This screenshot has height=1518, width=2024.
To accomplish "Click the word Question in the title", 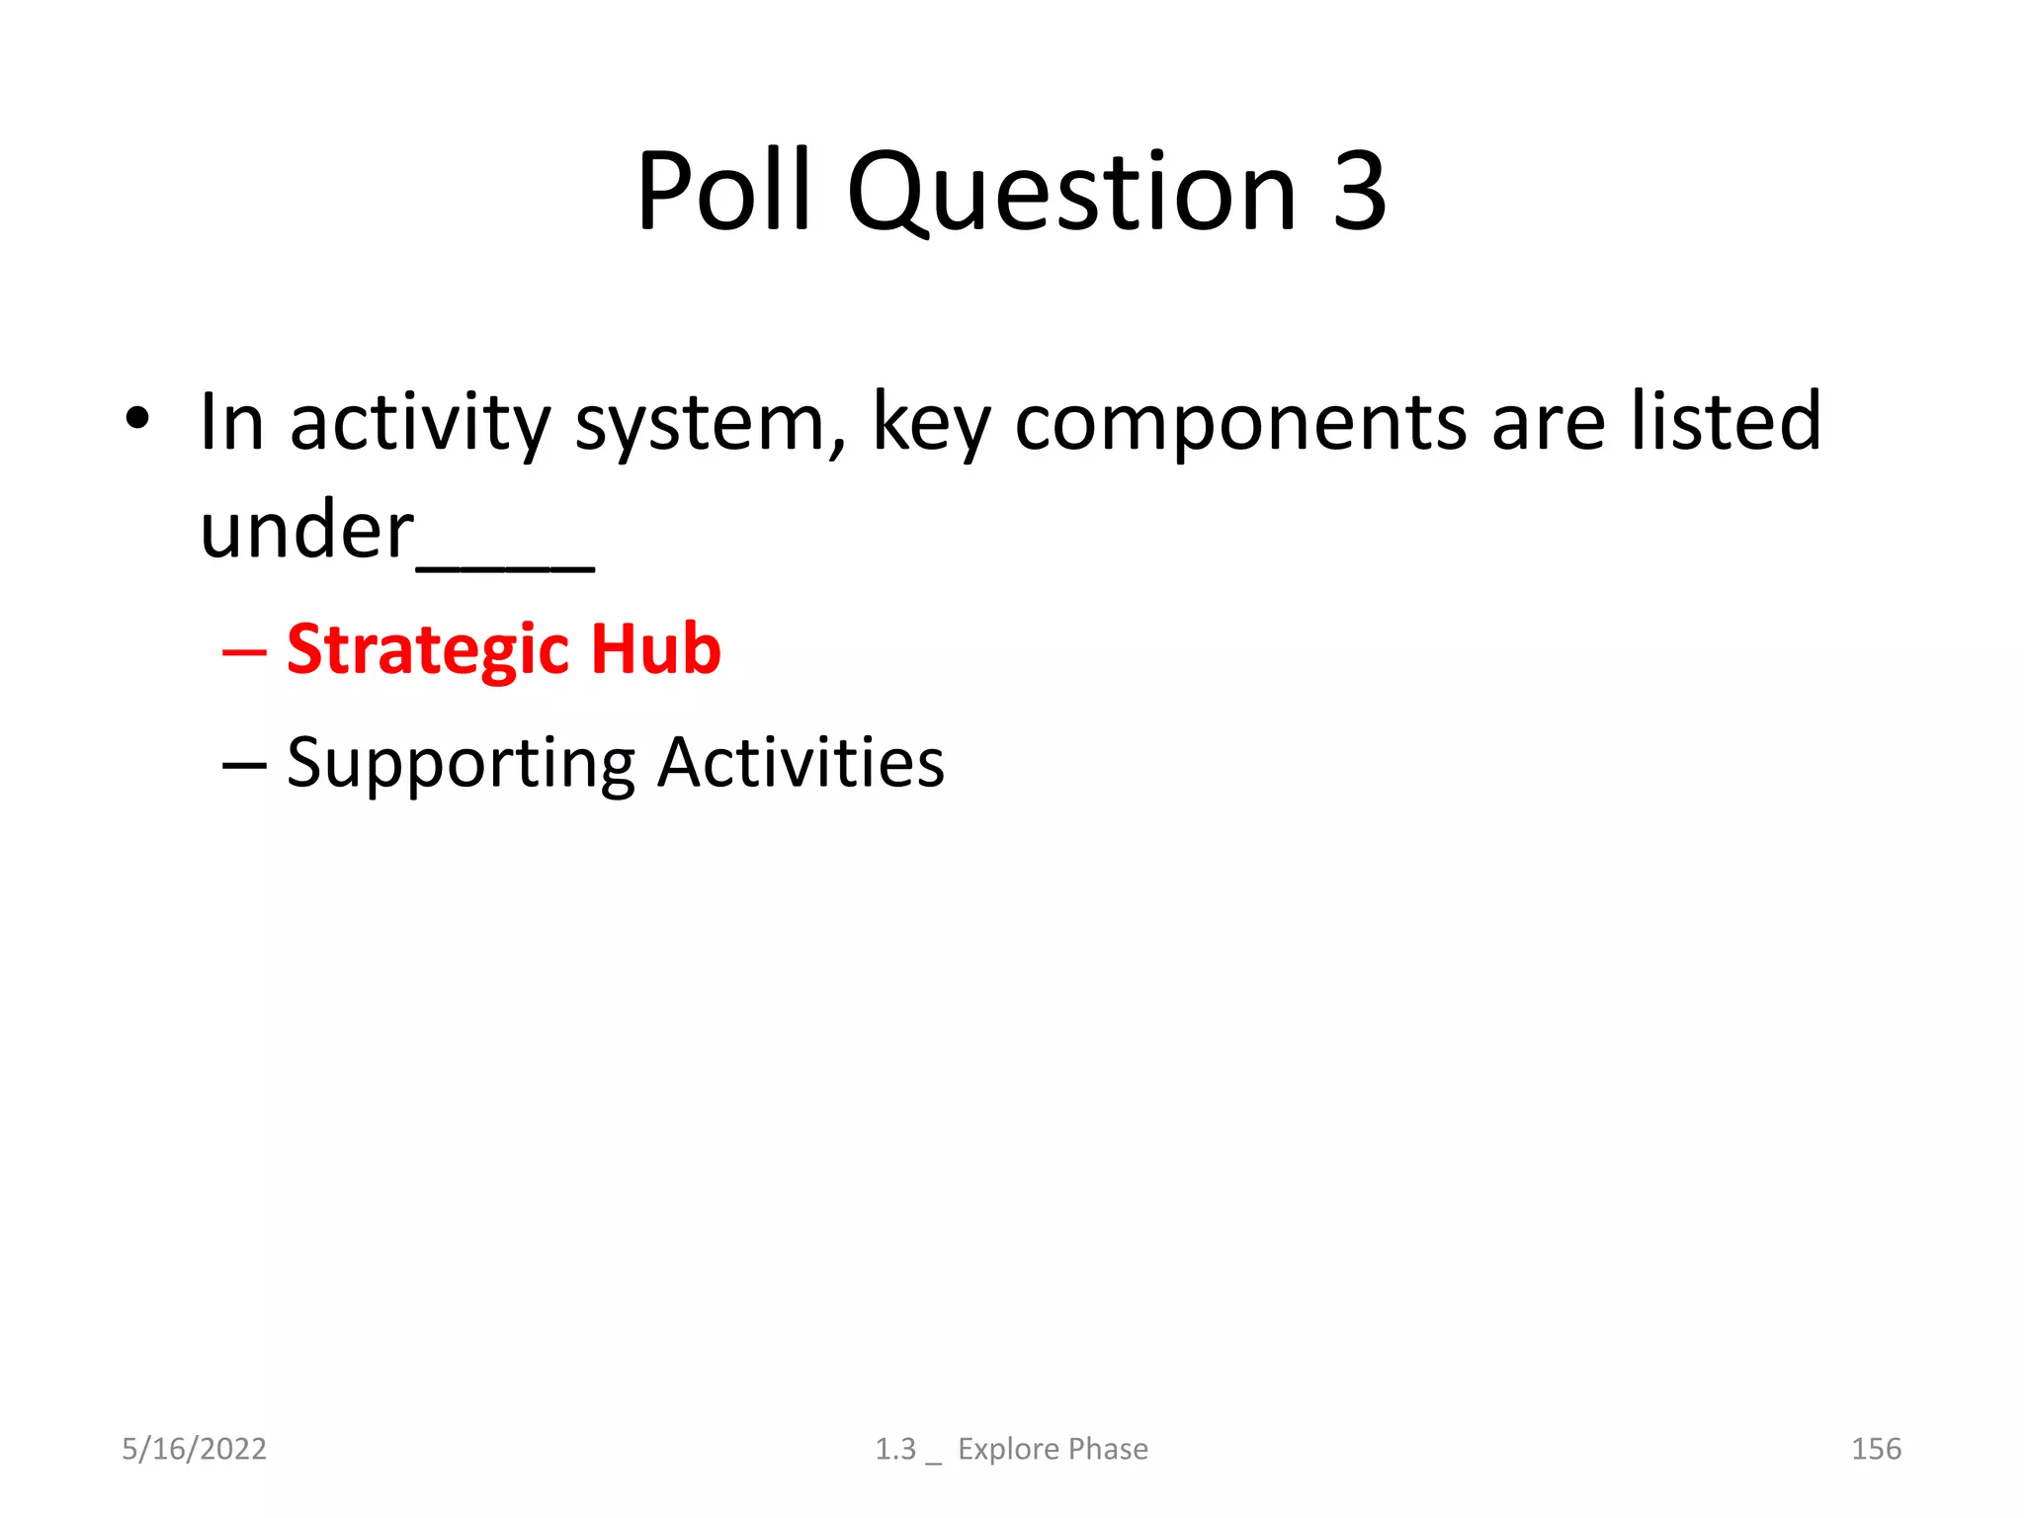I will click(x=1071, y=193).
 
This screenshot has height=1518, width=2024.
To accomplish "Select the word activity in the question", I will click(x=419, y=423).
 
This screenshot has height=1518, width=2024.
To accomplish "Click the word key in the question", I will click(x=929, y=423).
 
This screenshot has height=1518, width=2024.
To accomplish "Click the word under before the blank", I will click(x=306, y=531).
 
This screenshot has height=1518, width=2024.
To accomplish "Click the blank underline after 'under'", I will click(x=505, y=567).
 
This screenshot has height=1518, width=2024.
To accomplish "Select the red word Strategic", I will click(x=427, y=650).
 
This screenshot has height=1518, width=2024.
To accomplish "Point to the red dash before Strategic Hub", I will click(x=244, y=653).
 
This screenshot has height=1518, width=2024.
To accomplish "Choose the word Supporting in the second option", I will click(x=461, y=764).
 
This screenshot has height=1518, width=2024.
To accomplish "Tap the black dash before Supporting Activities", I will click(x=244, y=766).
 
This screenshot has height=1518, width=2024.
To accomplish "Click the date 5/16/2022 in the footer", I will click(x=194, y=1449).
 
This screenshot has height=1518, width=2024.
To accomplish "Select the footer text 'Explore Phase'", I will click(x=1053, y=1449).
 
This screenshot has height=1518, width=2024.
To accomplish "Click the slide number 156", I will click(x=1875, y=1449).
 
